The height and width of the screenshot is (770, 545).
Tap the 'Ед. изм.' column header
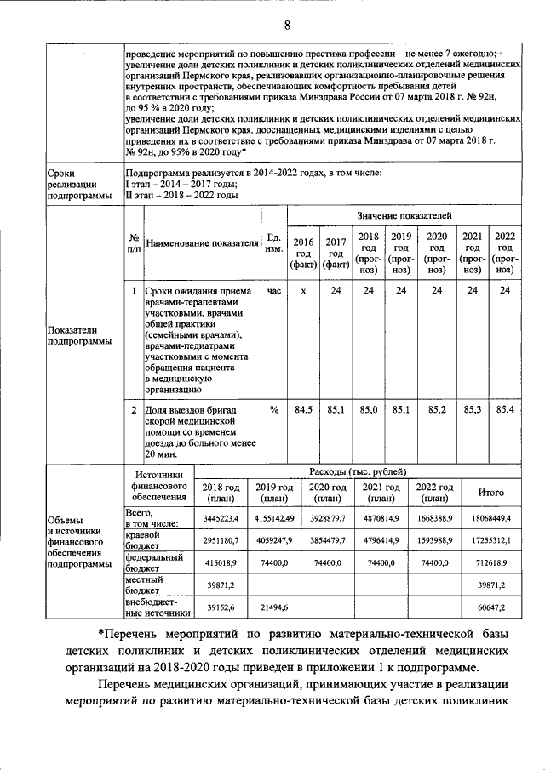point(274,243)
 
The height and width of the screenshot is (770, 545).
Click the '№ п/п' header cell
point(134,243)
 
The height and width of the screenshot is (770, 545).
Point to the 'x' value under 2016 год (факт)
point(303,292)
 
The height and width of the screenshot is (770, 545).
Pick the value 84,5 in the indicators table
point(303,410)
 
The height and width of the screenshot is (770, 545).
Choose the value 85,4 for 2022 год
point(505,410)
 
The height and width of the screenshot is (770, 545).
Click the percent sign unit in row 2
point(274,410)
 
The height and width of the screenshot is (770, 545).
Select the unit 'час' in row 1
point(274,292)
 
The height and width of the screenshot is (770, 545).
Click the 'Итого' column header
point(492,493)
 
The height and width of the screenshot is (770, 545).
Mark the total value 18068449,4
point(492,517)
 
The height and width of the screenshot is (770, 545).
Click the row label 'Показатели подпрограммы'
point(79,335)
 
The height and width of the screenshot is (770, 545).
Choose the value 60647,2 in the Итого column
point(492,607)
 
